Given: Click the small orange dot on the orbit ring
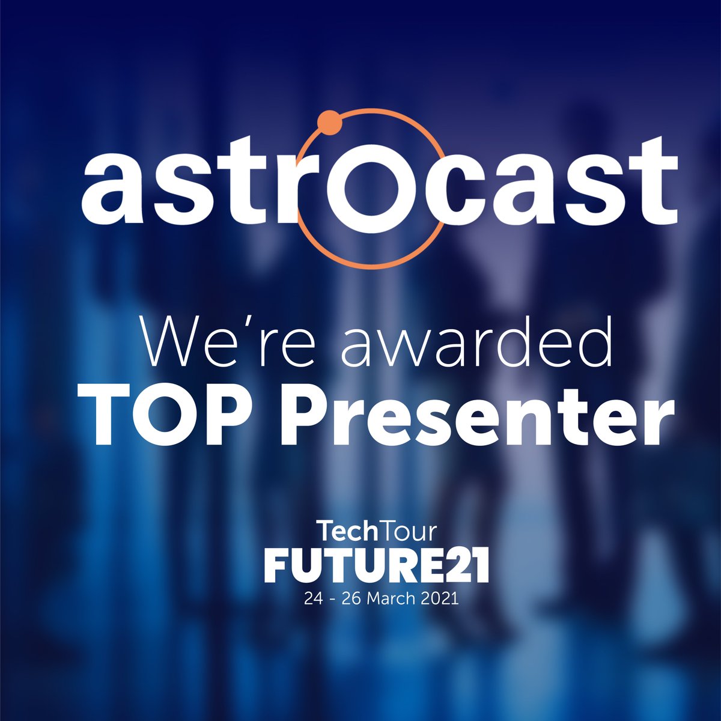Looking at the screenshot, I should pyautogui.click(x=329, y=123).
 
